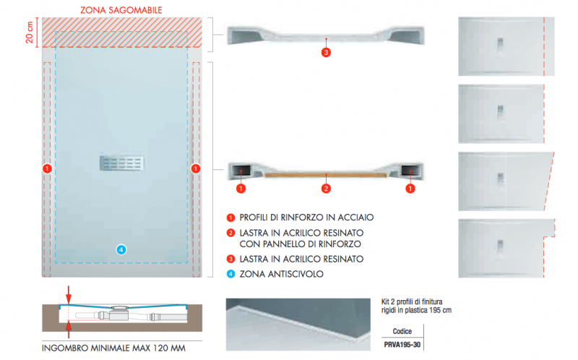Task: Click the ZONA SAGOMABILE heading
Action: pos(121,10)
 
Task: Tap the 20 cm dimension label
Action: pos(30,33)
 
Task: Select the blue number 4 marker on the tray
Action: pos(121,249)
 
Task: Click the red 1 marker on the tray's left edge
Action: pos(47,168)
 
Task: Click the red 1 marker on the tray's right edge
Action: pos(196,168)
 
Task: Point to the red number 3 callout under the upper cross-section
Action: pos(326,52)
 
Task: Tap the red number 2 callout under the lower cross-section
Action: pos(326,189)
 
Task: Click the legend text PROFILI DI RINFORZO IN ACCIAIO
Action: pos(306,218)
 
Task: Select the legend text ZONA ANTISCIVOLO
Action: pos(282,274)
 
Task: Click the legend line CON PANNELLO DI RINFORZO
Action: pos(301,244)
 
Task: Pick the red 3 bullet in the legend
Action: pos(230,259)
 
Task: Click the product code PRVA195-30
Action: pos(402,345)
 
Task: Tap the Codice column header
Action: pos(402,331)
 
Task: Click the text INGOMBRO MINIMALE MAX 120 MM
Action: pos(113,348)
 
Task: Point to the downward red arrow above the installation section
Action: pos(69,294)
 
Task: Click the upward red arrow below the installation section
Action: pos(69,330)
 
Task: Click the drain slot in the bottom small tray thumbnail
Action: pos(500,247)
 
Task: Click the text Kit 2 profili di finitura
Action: pos(412,301)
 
